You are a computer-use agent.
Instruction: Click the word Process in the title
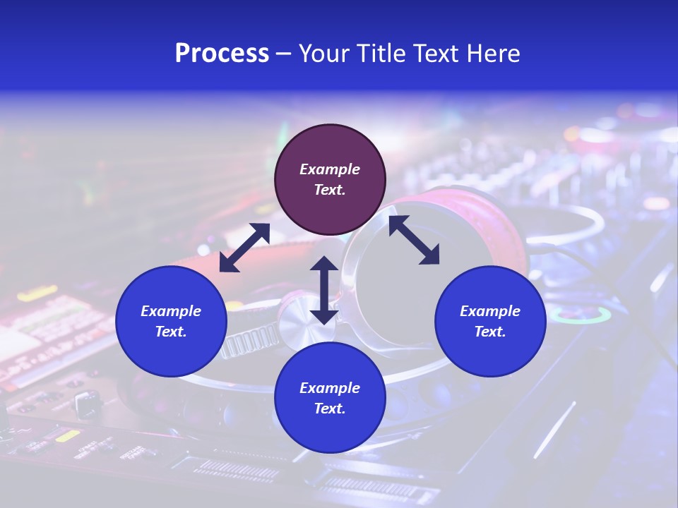pos(222,54)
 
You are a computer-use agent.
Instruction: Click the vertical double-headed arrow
pos(323,290)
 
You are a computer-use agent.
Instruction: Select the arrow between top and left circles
pos(244,248)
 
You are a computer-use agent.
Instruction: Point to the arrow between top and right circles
pos(414,240)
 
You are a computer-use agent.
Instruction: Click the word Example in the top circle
pos(330,169)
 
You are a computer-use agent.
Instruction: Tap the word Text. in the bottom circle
pos(330,409)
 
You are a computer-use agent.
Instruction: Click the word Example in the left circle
pos(171,311)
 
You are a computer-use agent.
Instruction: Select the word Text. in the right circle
pos(490,332)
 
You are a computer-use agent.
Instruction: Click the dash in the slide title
pos(283,54)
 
